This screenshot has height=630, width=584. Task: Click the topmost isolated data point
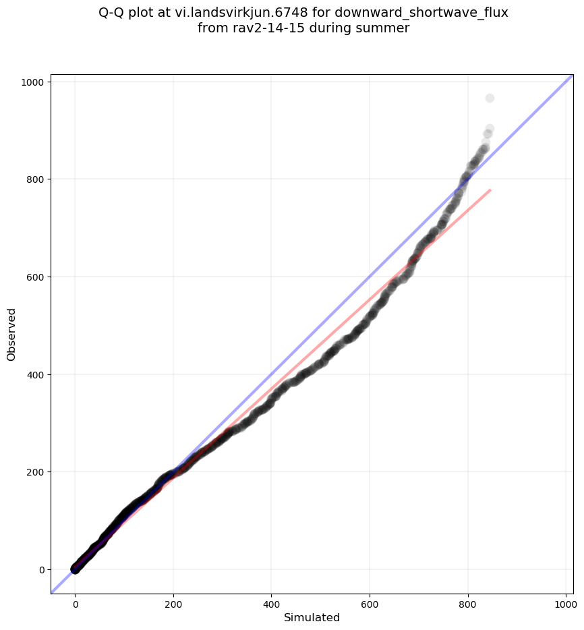click(x=490, y=98)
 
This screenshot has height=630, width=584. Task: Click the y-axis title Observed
click(x=11, y=334)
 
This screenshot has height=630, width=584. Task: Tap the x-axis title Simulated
click(x=312, y=618)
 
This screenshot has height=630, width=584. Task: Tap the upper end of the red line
click(x=490, y=190)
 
